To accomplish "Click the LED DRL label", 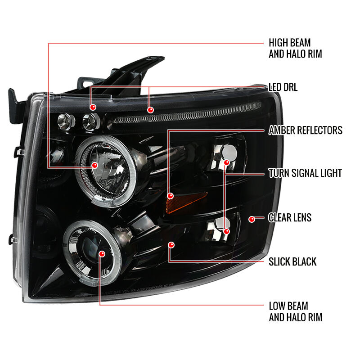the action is click(283, 87).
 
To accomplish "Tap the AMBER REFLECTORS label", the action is click(306, 130).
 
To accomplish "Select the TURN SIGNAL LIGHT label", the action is click(305, 173).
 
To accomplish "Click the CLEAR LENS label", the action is click(290, 217).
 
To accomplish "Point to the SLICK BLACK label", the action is click(292, 261).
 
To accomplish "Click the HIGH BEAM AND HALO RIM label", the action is click(295, 48).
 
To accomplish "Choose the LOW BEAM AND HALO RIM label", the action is click(296, 311).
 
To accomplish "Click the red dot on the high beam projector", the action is click(94, 165).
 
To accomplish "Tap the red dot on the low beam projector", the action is click(102, 254).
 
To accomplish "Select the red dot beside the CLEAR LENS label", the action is click(252, 219).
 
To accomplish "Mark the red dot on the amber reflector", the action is click(171, 196).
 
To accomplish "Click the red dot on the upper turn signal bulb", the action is click(227, 163).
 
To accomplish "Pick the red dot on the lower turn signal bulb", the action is click(227, 231).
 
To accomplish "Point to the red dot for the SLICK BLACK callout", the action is click(171, 245).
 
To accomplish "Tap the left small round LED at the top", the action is click(66, 121).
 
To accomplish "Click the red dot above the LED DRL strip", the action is click(150, 110).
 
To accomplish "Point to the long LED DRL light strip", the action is click(187, 113).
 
